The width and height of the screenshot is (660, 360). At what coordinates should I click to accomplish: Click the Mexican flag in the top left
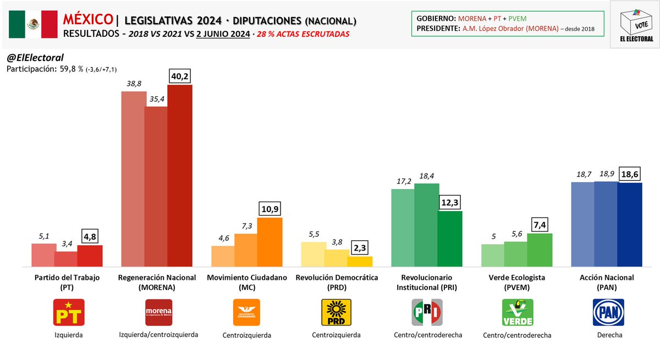(x=34, y=24)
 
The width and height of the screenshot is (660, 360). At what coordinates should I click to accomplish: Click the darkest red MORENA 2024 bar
(x=179, y=176)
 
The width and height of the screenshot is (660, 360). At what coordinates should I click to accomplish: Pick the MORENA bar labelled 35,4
(x=156, y=187)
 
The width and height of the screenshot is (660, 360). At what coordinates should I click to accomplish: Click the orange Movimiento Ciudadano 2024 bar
(x=270, y=242)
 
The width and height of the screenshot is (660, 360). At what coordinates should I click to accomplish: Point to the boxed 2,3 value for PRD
(x=361, y=247)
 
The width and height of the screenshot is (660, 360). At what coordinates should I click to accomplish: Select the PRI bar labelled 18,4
(x=427, y=225)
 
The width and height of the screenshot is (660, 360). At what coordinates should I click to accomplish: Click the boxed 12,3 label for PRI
(x=450, y=202)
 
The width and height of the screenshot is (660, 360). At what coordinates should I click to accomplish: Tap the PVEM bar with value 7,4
(x=540, y=250)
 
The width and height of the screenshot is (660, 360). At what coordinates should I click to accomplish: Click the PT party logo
(x=68, y=313)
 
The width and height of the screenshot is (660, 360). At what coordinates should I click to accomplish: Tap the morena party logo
(x=158, y=313)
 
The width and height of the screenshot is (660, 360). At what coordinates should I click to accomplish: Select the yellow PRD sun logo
(x=336, y=313)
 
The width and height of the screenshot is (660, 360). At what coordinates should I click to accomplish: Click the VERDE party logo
(x=518, y=313)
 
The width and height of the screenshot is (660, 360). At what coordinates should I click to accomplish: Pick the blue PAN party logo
(x=608, y=313)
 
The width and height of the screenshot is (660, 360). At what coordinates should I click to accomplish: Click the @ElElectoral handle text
(x=35, y=58)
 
